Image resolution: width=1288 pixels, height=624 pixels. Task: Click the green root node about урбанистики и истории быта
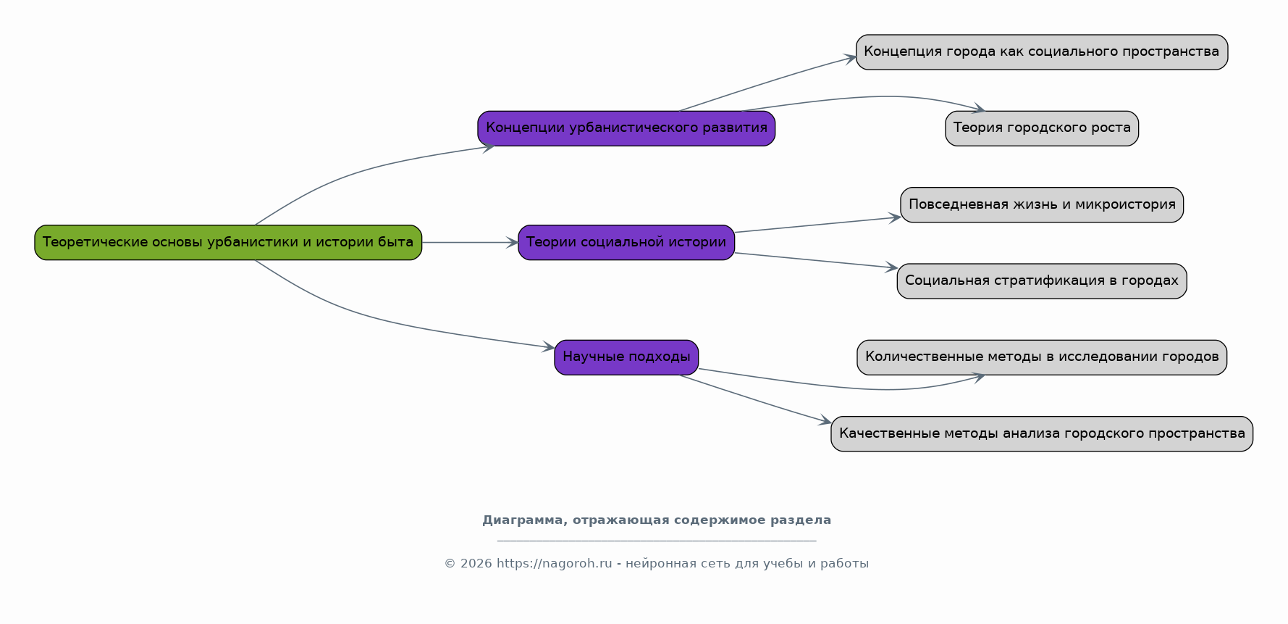[x=228, y=243]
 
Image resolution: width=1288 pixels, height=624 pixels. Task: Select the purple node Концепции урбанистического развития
[x=626, y=128]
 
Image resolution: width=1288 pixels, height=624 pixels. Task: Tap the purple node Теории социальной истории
[x=626, y=243]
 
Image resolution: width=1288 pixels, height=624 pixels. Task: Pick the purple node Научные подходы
[x=626, y=357]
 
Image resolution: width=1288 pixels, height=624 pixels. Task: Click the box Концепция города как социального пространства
[x=1042, y=52]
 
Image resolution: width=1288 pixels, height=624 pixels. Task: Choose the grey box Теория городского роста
[x=1042, y=128]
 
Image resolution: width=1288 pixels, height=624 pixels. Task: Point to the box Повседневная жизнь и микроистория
[x=1042, y=205]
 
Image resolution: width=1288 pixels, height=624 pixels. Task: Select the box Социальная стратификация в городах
[x=1042, y=281]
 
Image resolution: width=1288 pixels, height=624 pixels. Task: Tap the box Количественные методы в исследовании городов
[x=1042, y=357]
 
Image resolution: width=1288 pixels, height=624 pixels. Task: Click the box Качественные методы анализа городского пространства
[x=1042, y=434]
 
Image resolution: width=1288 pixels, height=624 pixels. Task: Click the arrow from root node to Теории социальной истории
[x=470, y=243]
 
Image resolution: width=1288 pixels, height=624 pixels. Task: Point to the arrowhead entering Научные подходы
[x=549, y=348]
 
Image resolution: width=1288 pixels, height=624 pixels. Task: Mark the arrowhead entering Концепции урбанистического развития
[x=489, y=147]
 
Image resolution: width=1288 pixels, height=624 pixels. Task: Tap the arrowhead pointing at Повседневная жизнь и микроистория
[x=895, y=217]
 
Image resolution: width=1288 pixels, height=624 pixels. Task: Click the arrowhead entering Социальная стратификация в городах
[x=891, y=267]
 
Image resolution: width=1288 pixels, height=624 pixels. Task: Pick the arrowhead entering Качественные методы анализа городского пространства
[x=825, y=421]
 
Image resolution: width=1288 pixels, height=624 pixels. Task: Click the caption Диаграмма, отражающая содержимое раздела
[x=657, y=520]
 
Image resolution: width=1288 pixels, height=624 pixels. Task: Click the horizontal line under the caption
[x=657, y=541]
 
